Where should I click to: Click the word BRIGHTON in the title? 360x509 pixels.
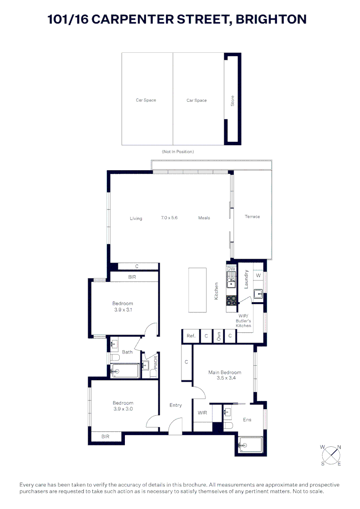coord(271,19)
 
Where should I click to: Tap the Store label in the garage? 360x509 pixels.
coord(232,100)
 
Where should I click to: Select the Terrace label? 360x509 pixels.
coord(252,217)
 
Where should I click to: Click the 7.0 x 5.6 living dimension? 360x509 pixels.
coord(169,218)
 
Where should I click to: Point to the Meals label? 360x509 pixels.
coord(204,218)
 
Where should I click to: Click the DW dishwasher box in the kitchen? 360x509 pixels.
coord(231,269)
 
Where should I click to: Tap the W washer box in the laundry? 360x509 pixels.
coord(258,275)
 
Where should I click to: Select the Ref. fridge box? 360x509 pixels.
coord(191,336)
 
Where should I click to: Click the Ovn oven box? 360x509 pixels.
coord(219,336)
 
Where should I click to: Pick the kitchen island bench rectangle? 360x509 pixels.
coord(197,289)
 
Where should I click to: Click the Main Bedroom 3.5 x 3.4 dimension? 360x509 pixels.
coord(225,378)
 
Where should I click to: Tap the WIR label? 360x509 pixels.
coord(203,413)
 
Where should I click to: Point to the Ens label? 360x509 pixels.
coord(247,419)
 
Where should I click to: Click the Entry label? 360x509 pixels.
coord(176,405)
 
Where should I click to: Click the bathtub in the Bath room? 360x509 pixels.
coord(125,371)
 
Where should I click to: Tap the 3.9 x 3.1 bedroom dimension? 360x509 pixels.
coord(123,310)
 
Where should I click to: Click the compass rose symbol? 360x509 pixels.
coord(331,455)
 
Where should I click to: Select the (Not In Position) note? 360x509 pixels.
coord(178,152)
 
